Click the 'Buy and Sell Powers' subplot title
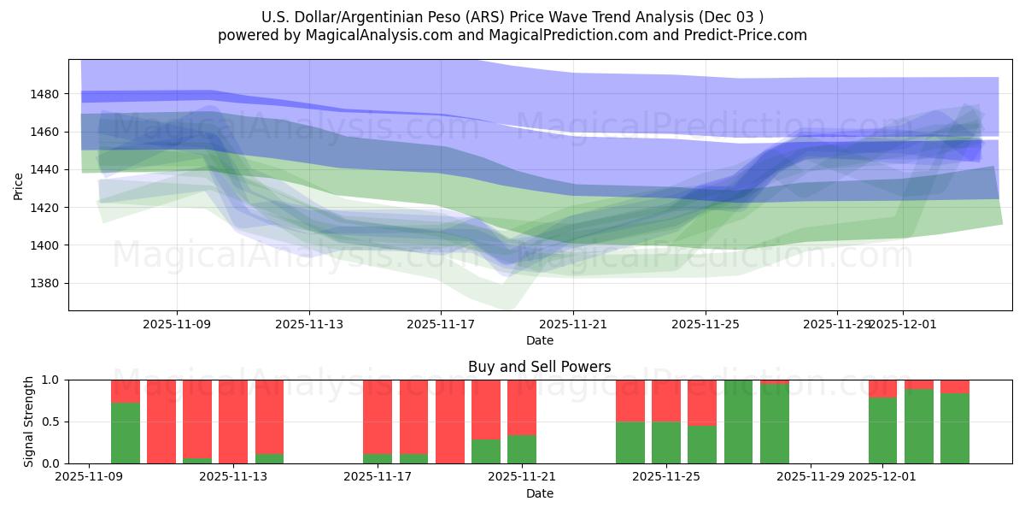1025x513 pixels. [539, 367]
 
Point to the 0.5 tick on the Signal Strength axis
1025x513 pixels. [51, 422]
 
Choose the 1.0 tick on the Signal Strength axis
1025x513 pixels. [51, 380]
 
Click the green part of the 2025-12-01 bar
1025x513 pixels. [882, 431]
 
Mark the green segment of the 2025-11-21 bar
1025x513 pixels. [522, 450]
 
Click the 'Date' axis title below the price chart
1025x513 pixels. [539, 340]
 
